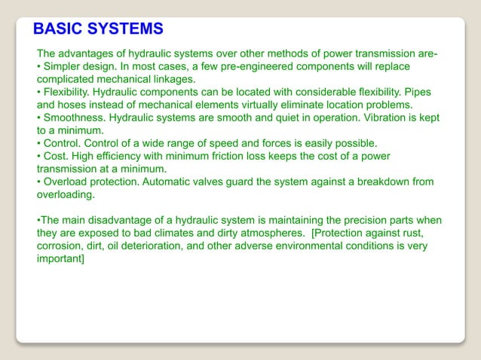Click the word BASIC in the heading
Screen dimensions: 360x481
60,29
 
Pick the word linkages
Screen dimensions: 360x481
172,79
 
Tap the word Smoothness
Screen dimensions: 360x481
76,117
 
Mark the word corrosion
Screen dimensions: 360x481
60,246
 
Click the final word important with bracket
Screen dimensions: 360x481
61,258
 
